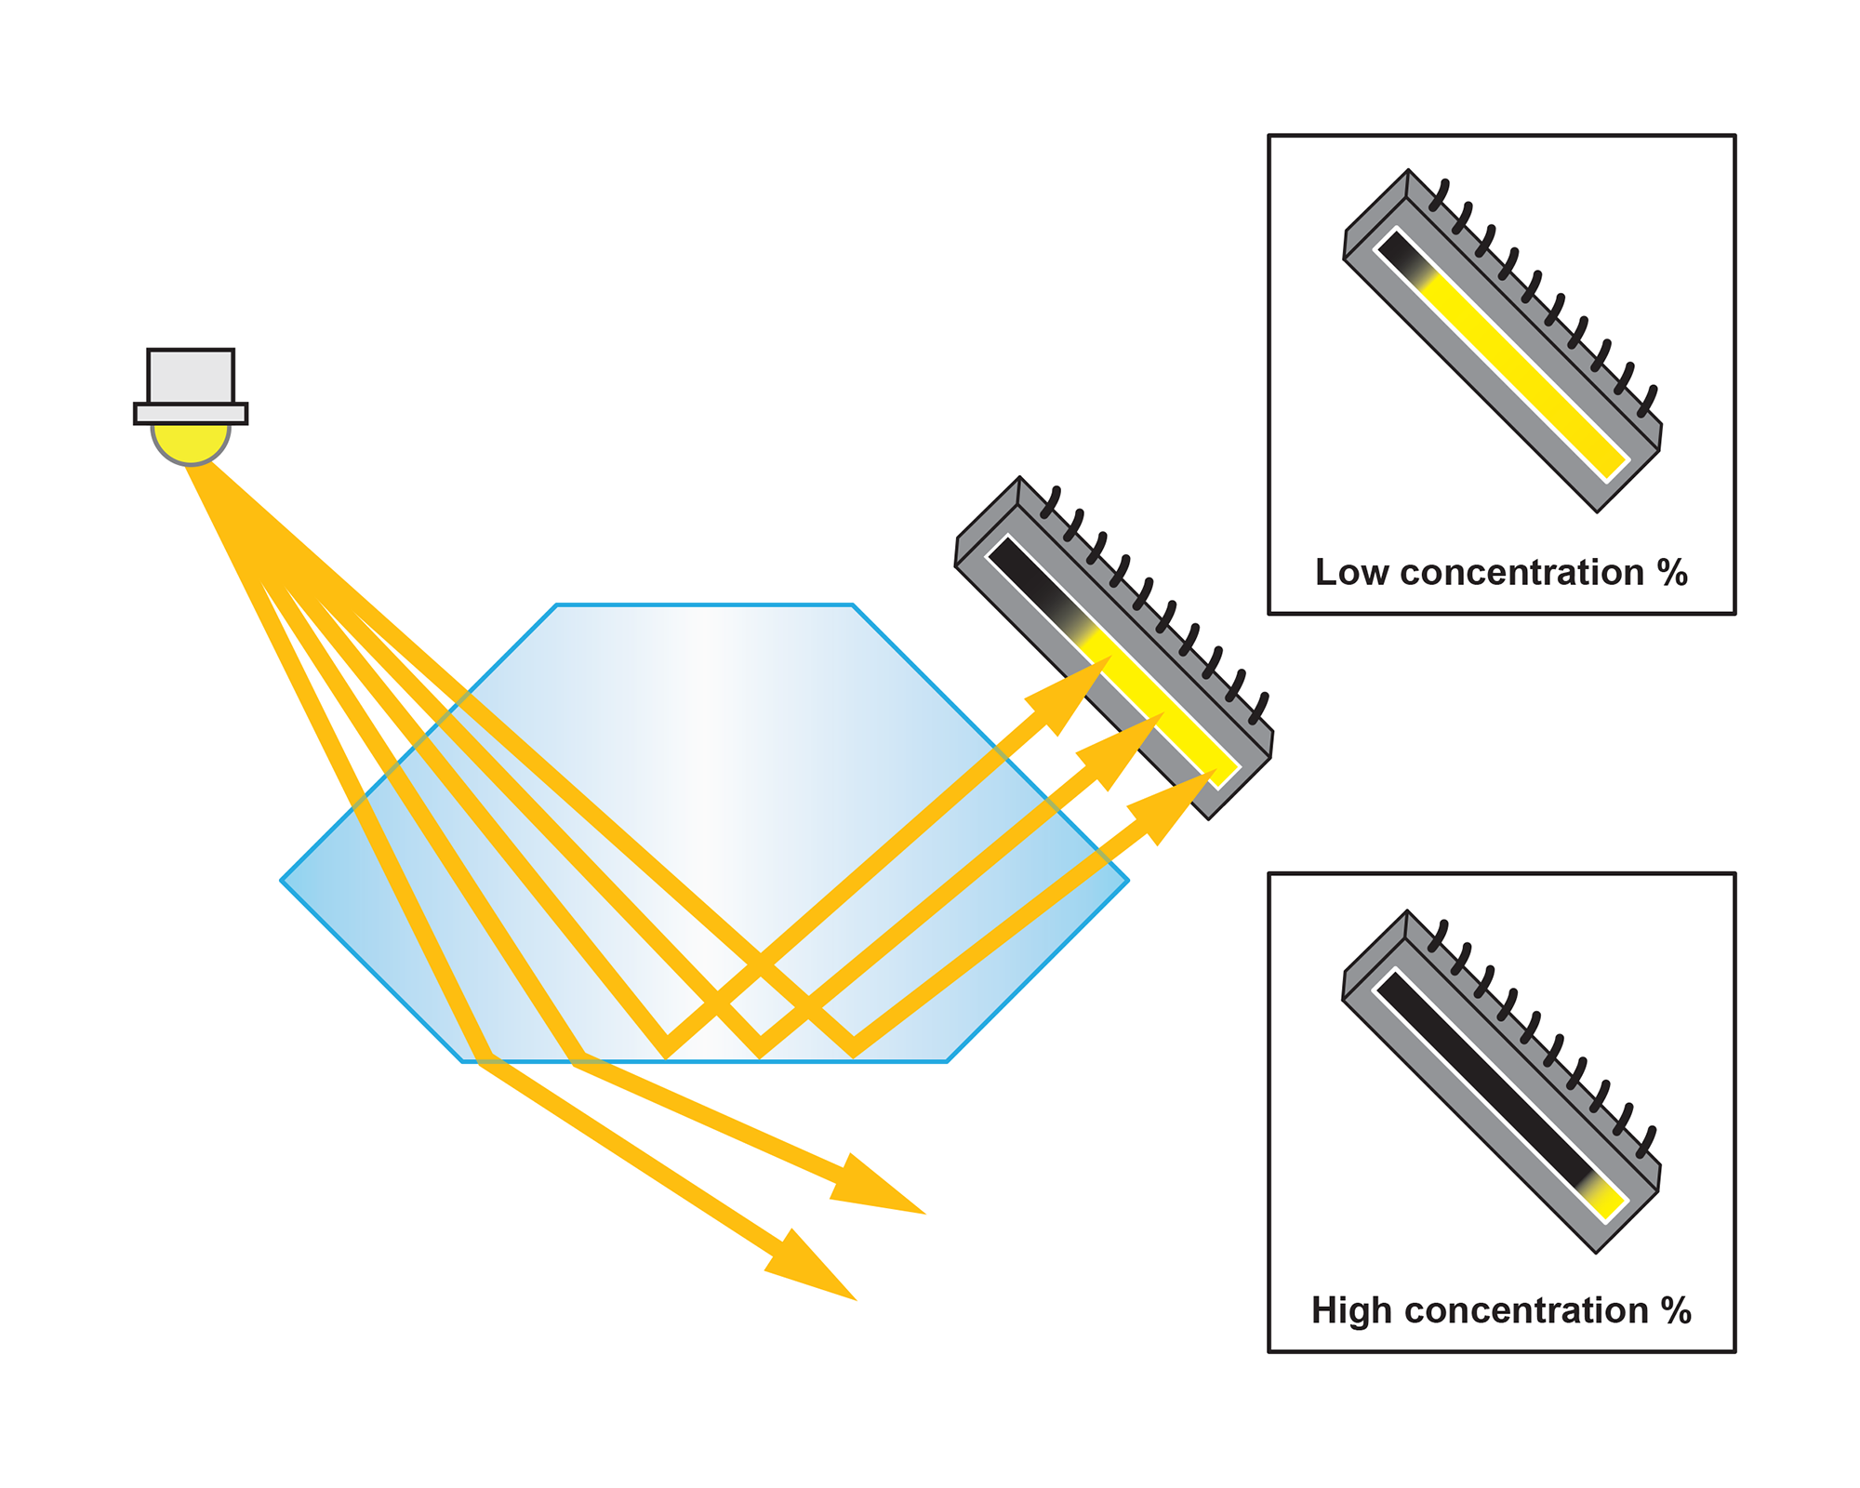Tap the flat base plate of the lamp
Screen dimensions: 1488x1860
191,414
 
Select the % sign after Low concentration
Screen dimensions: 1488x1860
1672,573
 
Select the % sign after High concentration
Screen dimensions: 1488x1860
1676,1310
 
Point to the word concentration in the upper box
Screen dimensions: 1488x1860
1521,573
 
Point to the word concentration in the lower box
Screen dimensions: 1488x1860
1525,1310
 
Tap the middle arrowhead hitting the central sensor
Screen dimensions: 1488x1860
1130,744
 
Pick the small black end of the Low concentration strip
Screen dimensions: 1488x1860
1395,248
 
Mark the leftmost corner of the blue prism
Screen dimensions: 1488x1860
283,880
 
